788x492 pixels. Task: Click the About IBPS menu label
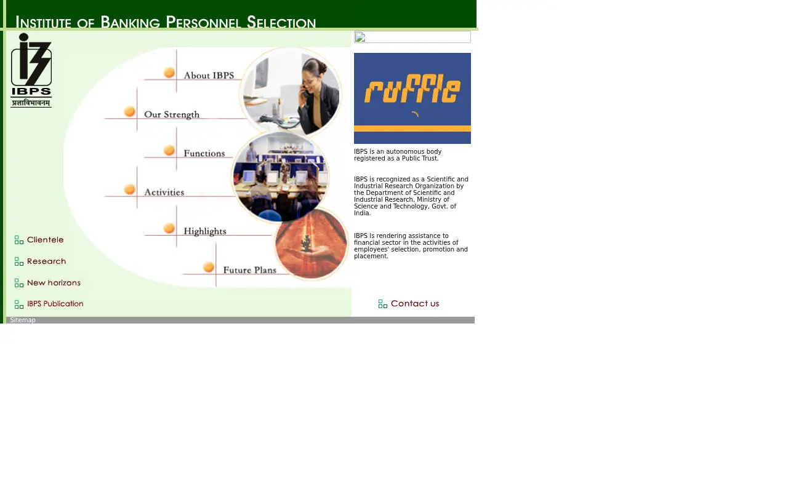[x=209, y=76]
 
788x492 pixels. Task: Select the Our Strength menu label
[x=172, y=114]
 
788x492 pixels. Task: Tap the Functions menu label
[x=204, y=153]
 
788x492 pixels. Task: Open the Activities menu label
[x=164, y=192]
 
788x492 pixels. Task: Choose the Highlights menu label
[x=205, y=231]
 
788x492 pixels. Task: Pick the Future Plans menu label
[x=250, y=270]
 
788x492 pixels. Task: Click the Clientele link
[x=46, y=240]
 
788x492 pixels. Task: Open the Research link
[x=46, y=261]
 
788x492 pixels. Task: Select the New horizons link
[x=54, y=282]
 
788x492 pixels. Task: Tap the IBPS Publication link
[x=55, y=304]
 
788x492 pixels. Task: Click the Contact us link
[x=415, y=303]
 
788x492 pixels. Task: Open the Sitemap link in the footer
[x=23, y=320]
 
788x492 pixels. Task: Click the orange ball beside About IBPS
[x=169, y=73]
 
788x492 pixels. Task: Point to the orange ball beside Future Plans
[x=209, y=267]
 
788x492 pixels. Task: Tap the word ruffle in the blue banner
[x=412, y=89]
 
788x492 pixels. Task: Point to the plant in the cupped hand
[x=307, y=243]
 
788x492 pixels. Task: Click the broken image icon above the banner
[x=360, y=37]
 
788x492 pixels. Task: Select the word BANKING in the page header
[x=130, y=22]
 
